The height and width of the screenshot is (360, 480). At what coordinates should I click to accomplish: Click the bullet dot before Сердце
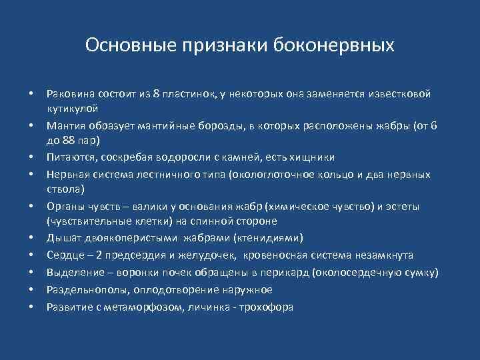click(x=31, y=255)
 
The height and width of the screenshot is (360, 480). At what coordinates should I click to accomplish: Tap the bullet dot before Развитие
click(x=31, y=307)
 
